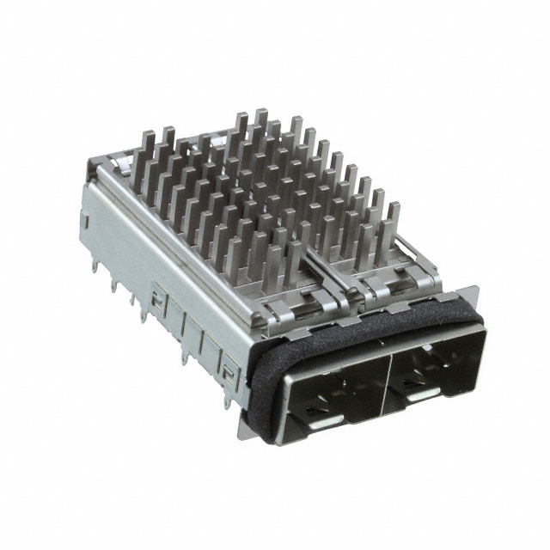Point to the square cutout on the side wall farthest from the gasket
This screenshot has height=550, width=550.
156,301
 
